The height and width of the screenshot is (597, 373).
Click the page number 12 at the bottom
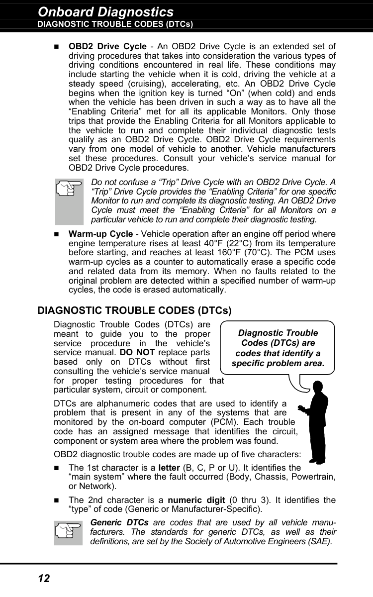[44, 578]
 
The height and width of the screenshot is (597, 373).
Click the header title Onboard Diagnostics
[105, 11]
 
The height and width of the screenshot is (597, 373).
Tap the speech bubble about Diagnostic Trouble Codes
[278, 348]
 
